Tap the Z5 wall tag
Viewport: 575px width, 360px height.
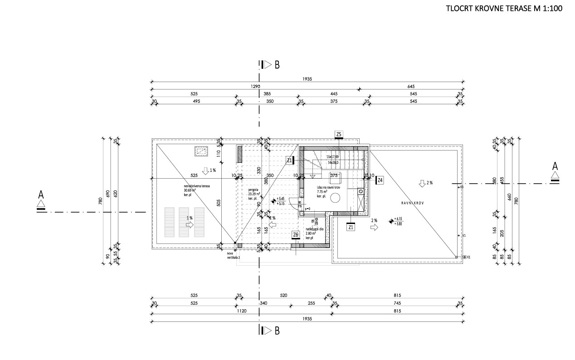[x=339, y=134]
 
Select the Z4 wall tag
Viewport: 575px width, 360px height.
[x=380, y=180]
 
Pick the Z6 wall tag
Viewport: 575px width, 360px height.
[x=296, y=234]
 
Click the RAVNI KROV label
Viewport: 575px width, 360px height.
[x=412, y=204]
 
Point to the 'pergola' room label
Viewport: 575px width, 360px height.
[x=253, y=190]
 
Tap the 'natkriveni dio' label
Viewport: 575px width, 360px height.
[x=314, y=229]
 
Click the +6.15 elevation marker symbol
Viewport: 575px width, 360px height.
[x=391, y=221]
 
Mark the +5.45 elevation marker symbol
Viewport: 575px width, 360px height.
[x=273, y=201]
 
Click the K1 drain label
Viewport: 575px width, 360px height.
[x=468, y=257]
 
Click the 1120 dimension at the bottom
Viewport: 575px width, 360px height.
[x=242, y=311]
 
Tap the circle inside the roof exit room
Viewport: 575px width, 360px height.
[x=336, y=198]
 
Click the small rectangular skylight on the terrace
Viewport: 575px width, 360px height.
[x=200, y=151]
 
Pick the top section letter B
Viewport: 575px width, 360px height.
[x=277, y=64]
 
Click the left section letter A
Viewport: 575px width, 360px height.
[x=41, y=195]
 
